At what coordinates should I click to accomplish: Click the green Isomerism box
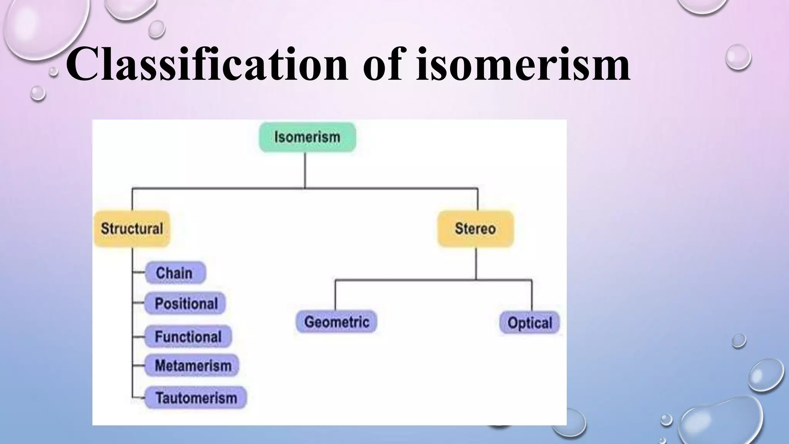[x=307, y=137]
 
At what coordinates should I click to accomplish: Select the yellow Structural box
[x=132, y=229]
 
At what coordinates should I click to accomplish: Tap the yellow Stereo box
[x=475, y=229]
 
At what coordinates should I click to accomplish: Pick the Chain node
[x=175, y=273]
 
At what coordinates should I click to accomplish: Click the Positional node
[x=185, y=303]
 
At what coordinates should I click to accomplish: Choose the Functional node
[x=188, y=336]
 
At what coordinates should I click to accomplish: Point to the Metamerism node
[x=192, y=365]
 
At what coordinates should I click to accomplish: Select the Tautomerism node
[x=196, y=397]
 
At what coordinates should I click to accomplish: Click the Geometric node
[x=336, y=322]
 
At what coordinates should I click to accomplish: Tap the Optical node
[x=529, y=323]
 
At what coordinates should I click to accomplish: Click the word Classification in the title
[x=206, y=64]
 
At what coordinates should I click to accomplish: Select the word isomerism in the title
[x=523, y=64]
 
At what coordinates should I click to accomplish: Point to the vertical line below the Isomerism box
[x=305, y=170]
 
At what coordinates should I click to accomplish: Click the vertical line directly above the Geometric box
[x=335, y=295]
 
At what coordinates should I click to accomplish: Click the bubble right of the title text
[x=738, y=57]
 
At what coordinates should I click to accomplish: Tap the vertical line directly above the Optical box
[x=532, y=295]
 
